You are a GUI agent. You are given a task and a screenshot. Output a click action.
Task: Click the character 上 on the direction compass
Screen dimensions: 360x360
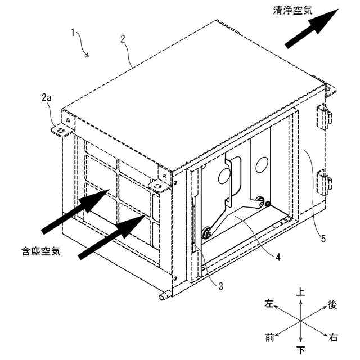(301, 292)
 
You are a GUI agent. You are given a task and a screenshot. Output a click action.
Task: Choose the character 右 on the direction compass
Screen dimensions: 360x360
(334, 337)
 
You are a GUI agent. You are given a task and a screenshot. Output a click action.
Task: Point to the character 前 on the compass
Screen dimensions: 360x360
(270, 337)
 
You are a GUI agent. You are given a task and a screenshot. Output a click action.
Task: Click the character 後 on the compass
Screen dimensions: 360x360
(332, 304)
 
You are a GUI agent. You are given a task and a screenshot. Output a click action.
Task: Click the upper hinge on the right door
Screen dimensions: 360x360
(324, 116)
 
